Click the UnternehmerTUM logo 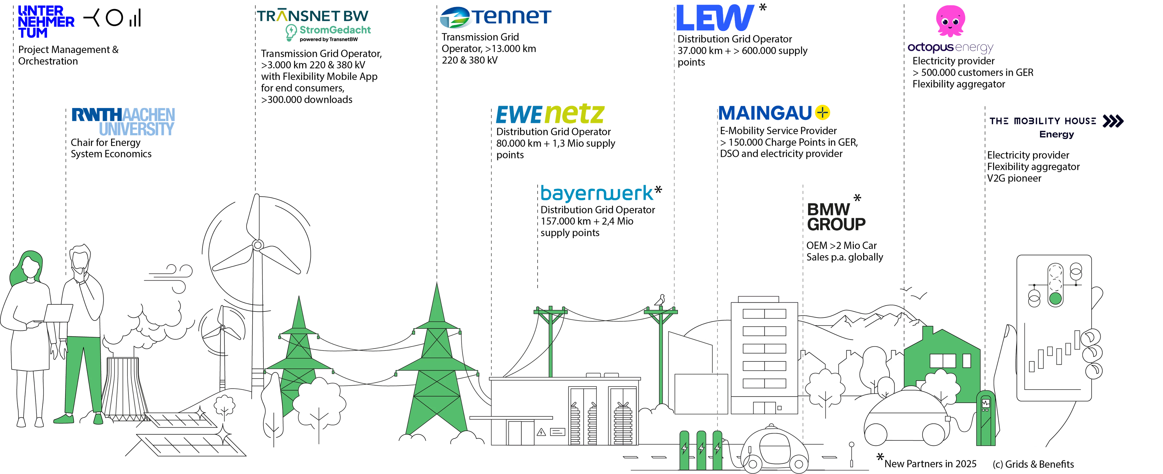click(x=45, y=22)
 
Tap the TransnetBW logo click(x=313, y=23)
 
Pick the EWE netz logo click(x=549, y=114)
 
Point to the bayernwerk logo click(x=597, y=193)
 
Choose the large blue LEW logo click(x=715, y=18)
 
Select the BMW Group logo click(x=836, y=216)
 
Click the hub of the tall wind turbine click(x=258, y=245)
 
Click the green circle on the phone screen click(x=1055, y=298)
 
